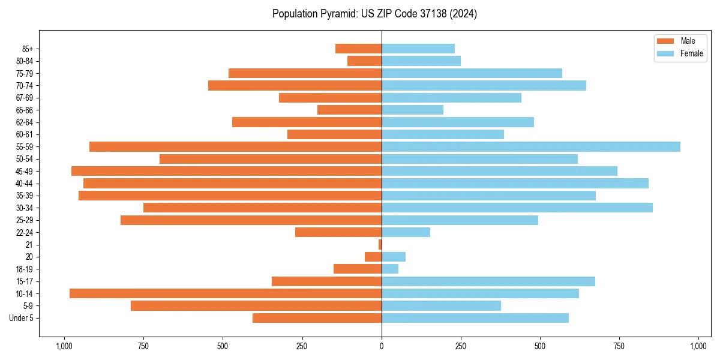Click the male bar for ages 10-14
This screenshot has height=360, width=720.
tap(225, 293)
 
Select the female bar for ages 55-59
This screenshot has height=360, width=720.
tap(531, 146)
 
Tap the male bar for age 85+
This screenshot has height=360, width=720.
tap(358, 49)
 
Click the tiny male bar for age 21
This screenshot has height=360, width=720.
tap(380, 244)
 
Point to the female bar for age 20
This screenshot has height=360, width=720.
tap(394, 257)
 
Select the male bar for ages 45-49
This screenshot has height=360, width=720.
tap(226, 171)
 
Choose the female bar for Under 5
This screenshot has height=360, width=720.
tap(475, 318)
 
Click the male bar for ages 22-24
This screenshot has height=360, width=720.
tap(338, 232)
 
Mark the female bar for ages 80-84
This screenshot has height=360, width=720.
tap(421, 61)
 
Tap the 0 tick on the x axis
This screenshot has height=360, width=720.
tap(382, 346)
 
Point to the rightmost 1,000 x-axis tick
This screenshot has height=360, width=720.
tap(698, 346)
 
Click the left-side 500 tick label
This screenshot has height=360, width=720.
tap(223, 346)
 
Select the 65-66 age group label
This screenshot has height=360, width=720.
tap(25, 110)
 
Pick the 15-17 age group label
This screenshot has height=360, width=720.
tap(25, 281)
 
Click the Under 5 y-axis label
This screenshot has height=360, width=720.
tap(22, 318)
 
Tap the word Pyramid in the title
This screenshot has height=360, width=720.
tap(338, 14)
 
